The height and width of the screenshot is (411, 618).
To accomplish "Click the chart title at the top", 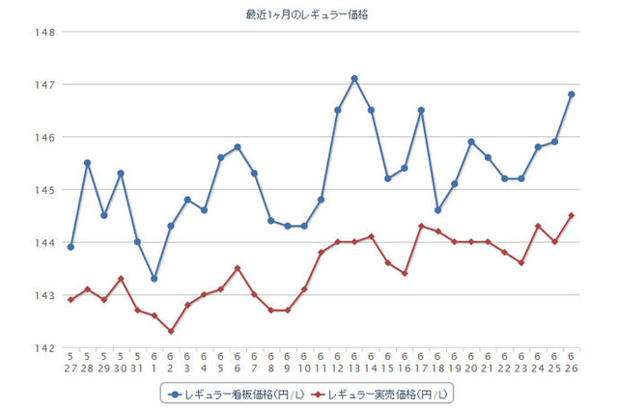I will [307, 14].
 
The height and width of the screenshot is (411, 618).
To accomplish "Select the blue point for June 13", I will [354, 78].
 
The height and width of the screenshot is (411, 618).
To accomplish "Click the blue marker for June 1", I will [154, 279].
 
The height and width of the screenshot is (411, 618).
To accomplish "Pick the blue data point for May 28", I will [87, 163].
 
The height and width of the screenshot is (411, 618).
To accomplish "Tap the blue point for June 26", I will [572, 95].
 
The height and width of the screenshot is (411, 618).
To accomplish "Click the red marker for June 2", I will [171, 331].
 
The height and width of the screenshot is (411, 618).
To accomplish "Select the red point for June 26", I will [572, 215].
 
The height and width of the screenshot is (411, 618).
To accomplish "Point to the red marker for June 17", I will [421, 226].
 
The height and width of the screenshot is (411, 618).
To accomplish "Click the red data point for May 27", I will [70, 299].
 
